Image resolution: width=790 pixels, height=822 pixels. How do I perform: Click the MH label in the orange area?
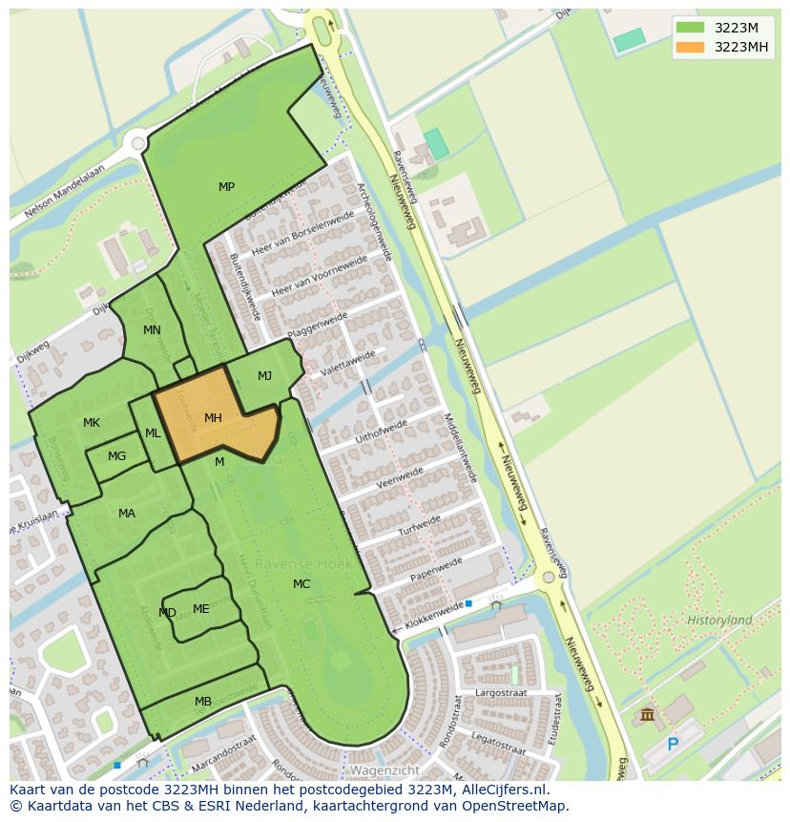tap(213, 418)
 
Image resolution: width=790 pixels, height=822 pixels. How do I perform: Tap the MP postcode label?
tap(226, 187)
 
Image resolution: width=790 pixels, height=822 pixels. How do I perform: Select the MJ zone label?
tap(264, 376)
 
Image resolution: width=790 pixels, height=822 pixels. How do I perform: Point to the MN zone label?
tap(152, 330)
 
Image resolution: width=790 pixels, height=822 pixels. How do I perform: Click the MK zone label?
tap(92, 423)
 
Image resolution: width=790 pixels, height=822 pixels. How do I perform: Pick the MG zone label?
tap(116, 456)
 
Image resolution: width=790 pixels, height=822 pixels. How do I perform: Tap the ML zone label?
tap(153, 433)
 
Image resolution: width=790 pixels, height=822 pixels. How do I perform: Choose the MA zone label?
tap(127, 514)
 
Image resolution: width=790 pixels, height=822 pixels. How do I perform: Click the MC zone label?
tap(301, 584)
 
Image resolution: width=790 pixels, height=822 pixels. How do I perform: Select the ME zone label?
tap(200, 609)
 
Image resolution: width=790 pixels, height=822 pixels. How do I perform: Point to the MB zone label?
tap(203, 702)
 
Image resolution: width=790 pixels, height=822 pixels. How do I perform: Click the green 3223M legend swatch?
tap(690, 28)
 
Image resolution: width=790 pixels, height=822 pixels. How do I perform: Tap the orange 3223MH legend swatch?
tap(690, 47)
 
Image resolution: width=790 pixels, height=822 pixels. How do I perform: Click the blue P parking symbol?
tap(673, 744)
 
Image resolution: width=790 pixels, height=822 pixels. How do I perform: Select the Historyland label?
tap(719, 620)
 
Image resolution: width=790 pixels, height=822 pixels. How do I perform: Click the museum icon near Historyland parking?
tap(647, 714)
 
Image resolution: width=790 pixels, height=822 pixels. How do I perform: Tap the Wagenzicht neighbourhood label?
tap(385, 769)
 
